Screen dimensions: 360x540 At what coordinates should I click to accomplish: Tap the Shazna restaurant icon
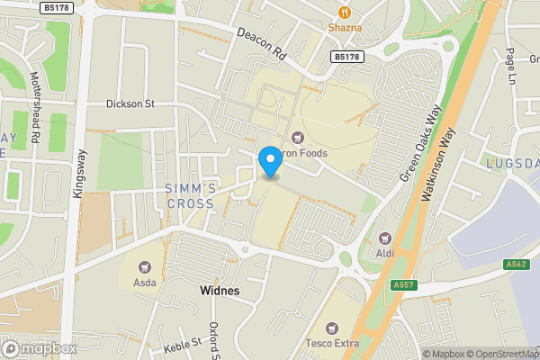pyautogui.click(x=343, y=12)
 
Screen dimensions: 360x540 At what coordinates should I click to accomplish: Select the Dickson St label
pyautogui.click(x=130, y=103)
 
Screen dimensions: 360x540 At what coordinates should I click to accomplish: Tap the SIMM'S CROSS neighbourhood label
pyautogui.click(x=190, y=195)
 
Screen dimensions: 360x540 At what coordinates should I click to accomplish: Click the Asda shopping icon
pyautogui.click(x=144, y=266)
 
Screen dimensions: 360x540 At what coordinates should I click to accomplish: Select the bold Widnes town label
pyautogui.click(x=220, y=291)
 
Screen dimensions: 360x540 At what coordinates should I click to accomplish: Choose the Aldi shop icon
pyautogui.click(x=386, y=238)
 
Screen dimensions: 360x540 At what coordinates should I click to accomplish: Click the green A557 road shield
pyautogui.click(x=404, y=285)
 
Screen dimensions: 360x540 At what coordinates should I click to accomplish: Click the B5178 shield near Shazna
pyautogui.click(x=346, y=57)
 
